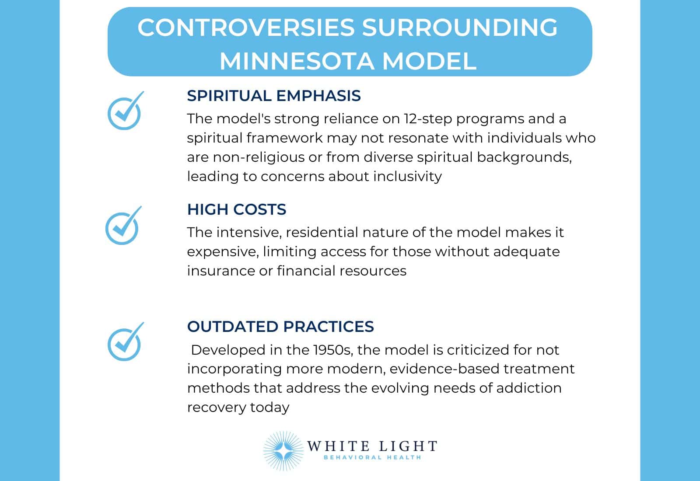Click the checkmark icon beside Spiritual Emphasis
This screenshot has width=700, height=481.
point(125,112)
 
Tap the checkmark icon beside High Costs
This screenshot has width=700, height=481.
point(123,227)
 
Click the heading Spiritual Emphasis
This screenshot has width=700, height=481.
point(273,96)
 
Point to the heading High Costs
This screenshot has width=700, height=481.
point(236,209)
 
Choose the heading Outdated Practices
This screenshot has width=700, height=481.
point(280,327)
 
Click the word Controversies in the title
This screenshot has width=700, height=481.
point(246,27)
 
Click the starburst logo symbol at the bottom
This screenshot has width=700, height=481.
point(283,450)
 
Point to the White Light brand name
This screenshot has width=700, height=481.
point(372,446)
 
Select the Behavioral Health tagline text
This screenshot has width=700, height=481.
point(372,457)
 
